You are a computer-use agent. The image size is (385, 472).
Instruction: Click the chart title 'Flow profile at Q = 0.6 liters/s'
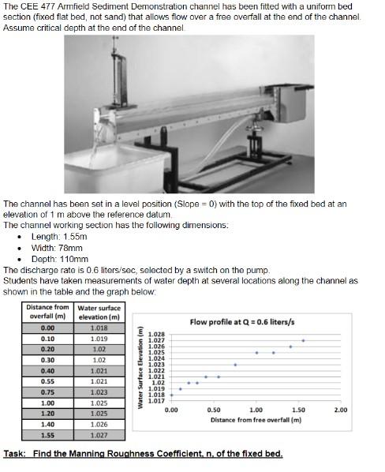point(250,321)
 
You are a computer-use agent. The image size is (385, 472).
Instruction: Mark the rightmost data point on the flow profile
point(303,340)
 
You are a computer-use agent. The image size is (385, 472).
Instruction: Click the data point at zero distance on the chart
point(171,395)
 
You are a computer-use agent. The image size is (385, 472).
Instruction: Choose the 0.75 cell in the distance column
point(47,391)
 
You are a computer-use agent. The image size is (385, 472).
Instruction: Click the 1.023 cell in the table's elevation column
point(99,391)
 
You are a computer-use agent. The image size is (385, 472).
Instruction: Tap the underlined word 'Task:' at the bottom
point(16,454)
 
